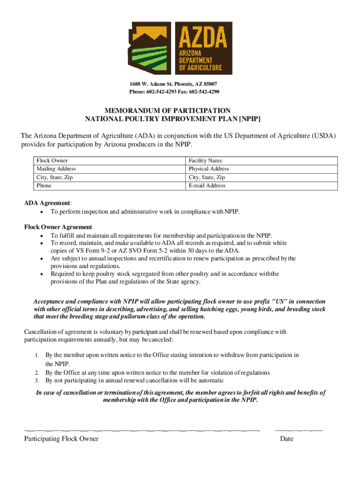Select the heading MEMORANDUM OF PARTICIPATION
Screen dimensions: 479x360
167,111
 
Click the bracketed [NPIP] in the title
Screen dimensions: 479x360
250,119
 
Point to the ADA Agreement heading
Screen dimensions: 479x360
48,203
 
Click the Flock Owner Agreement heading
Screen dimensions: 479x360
58,227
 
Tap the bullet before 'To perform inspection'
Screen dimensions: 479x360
43,212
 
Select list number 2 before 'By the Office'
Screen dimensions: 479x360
36,373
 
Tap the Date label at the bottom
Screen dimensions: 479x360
287,439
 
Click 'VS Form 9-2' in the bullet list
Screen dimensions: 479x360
88,251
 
